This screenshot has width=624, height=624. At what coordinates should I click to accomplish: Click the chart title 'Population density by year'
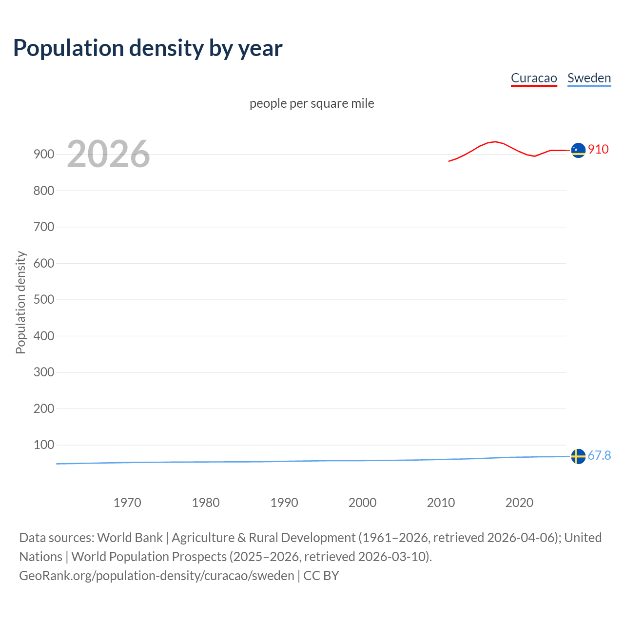(x=148, y=48)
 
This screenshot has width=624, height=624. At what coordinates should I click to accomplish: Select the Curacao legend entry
(x=534, y=78)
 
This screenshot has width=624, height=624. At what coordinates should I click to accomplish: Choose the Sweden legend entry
(x=589, y=78)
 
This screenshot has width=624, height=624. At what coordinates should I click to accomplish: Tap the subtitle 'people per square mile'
(x=312, y=103)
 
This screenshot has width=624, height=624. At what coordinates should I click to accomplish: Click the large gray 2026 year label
(x=108, y=154)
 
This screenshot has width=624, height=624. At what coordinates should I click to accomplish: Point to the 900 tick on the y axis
(x=44, y=155)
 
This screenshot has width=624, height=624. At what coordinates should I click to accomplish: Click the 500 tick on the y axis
(x=44, y=299)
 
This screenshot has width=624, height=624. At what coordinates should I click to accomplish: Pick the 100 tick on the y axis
(x=44, y=445)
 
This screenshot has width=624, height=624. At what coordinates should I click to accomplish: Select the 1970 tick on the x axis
(x=127, y=503)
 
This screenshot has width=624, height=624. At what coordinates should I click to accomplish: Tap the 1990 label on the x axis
(x=284, y=503)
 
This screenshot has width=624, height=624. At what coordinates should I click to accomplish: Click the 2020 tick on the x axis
(x=519, y=503)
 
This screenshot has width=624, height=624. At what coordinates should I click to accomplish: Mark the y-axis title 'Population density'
(x=20, y=302)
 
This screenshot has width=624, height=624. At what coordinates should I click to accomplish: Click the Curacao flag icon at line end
(x=578, y=151)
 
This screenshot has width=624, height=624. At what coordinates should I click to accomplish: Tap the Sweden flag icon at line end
(x=578, y=456)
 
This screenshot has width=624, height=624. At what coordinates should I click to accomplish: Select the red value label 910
(x=598, y=149)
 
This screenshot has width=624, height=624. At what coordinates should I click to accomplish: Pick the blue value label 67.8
(x=599, y=455)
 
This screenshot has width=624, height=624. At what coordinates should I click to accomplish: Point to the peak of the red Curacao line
(x=495, y=142)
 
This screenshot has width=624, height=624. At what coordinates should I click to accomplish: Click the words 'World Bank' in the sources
(x=130, y=538)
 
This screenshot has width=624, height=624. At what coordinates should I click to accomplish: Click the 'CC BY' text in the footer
(x=321, y=576)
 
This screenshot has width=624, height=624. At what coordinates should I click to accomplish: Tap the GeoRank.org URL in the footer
(x=156, y=576)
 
